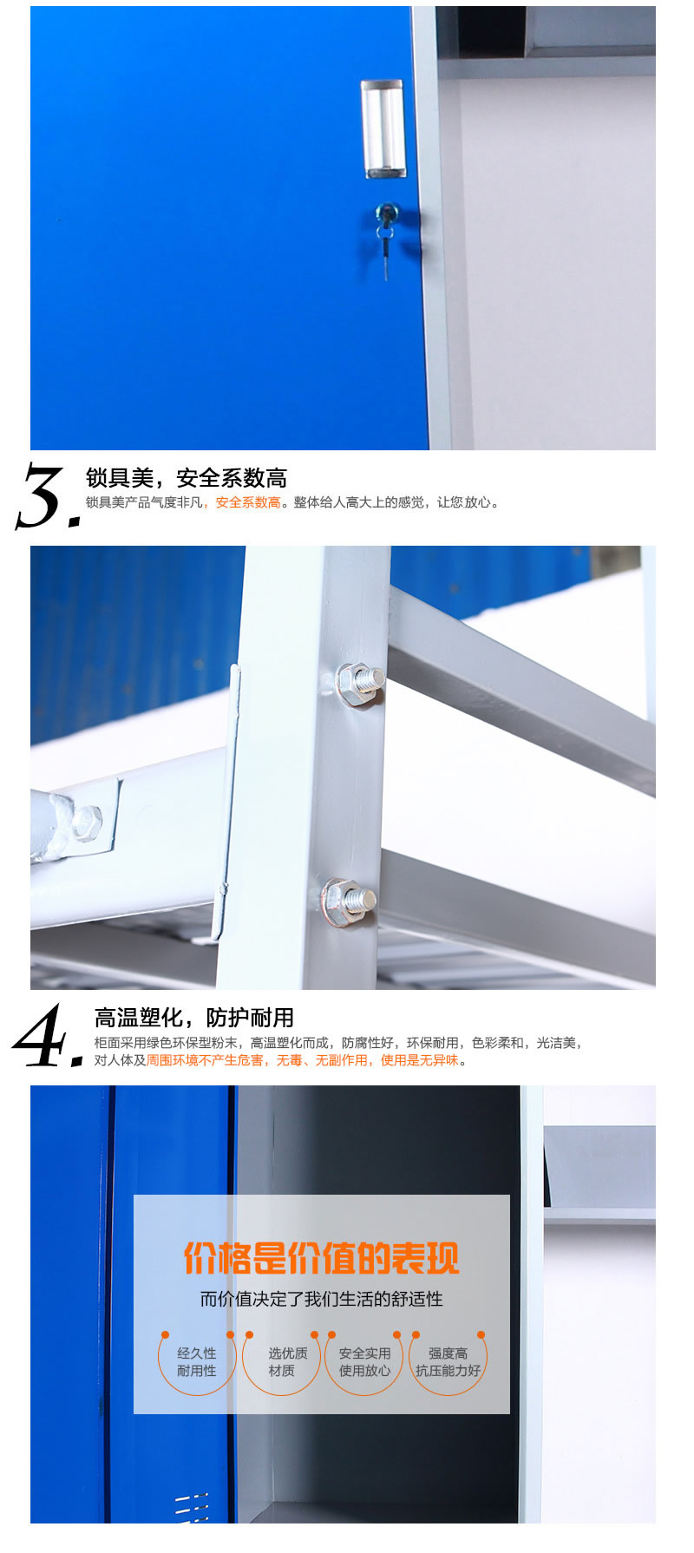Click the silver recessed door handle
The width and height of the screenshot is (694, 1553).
tap(383, 128)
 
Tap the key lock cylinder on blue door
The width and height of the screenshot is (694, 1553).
tap(384, 212)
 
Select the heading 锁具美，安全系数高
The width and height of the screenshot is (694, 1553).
tap(186, 478)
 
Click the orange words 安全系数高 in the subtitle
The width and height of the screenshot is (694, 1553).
tap(248, 502)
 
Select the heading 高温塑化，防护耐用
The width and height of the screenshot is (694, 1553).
tap(194, 1017)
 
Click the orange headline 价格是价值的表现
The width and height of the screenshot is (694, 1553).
tap(321, 1258)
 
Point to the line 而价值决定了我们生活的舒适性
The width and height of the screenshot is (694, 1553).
tap(321, 1299)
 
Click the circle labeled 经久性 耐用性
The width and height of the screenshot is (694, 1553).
tap(197, 1361)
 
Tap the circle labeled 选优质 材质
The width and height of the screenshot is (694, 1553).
tap(282, 1361)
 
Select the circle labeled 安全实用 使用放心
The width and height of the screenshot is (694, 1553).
tap(363, 1361)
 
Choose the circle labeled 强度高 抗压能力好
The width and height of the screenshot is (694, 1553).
tap(448, 1361)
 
